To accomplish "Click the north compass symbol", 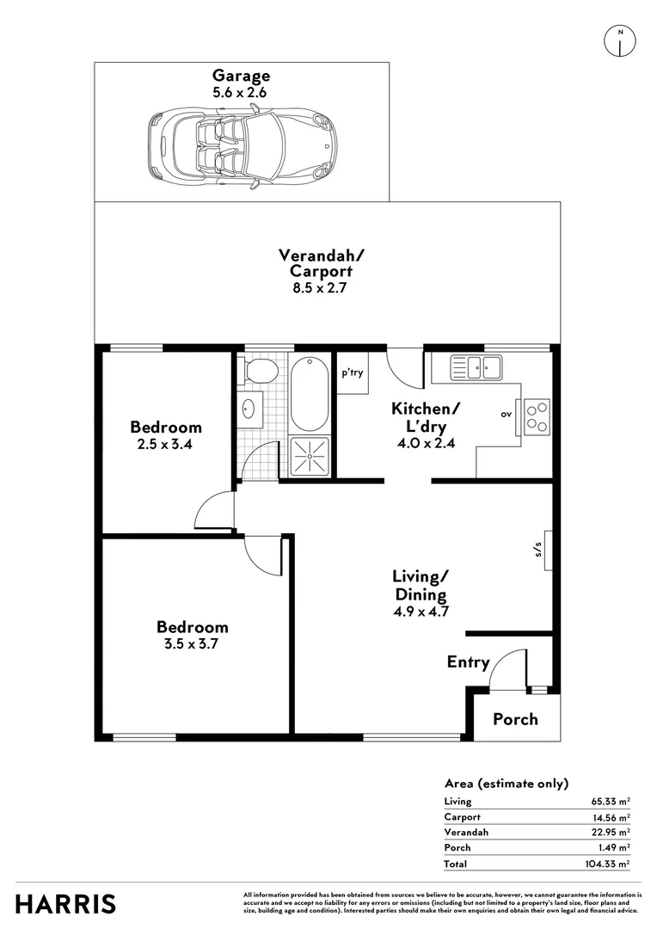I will (x=619, y=40).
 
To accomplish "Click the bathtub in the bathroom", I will (x=310, y=394).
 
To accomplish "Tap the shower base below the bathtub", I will (x=310, y=455).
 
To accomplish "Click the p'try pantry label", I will (x=353, y=374).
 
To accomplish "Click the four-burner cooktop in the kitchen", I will (x=537, y=417).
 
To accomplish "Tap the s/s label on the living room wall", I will (x=538, y=551).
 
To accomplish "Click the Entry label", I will (x=468, y=662).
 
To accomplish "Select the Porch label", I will (x=515, y=719).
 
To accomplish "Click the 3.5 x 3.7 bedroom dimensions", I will (x=192, y=644).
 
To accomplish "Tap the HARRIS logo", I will (x=66, y=904).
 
